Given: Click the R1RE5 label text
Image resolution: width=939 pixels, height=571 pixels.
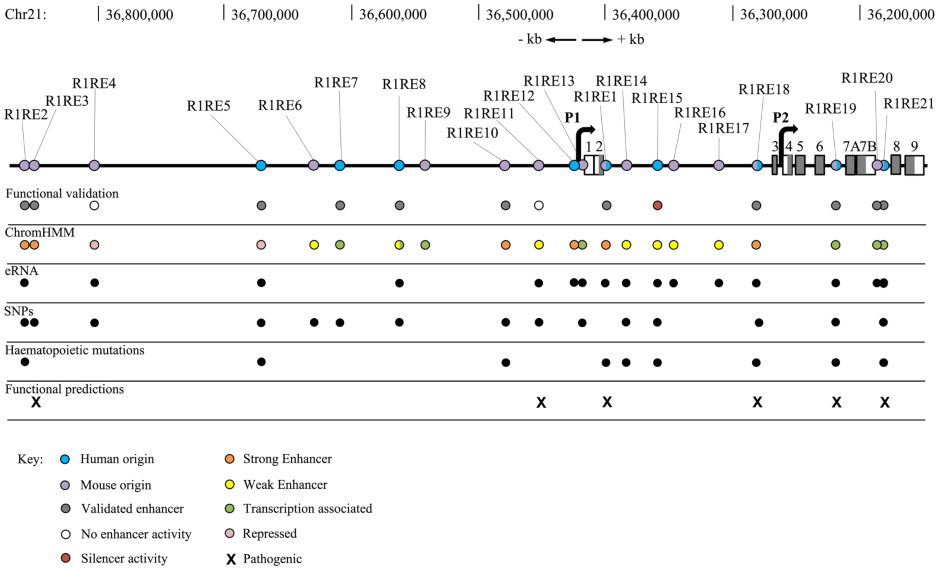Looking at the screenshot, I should pyautogui.click(x=209, y=106).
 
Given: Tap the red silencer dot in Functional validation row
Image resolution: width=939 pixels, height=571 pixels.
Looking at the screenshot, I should pyautogui.click(x=657, y=206).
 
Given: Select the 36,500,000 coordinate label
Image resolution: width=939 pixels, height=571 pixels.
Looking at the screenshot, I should pyautogui.click(x=519, y=15).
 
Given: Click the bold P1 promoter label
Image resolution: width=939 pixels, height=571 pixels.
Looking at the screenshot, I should pyautogui.click(x=571, y=118).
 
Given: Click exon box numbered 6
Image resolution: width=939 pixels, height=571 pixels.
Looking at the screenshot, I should pyautogui.click(x=819, y=165).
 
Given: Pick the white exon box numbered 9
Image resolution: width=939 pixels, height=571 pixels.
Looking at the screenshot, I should pyautogui.click(x=915, y=165).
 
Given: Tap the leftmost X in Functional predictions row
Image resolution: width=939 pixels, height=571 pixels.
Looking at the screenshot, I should pyautogui.click(x=36, y=402).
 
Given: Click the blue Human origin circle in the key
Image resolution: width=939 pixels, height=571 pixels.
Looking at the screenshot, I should pyautogui.click(x=65, y=459).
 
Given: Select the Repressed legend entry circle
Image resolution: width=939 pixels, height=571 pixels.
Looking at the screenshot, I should pyautogui.click(x=229, y=533).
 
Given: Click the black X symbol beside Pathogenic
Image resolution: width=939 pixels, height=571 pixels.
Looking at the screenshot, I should pyautogui.click(x=231, y=559).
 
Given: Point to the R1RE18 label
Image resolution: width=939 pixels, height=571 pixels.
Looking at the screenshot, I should pyautogui.click(x=764, y=90).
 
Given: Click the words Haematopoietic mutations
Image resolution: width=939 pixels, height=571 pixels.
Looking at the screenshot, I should pyautogui.click(x=75, y=350).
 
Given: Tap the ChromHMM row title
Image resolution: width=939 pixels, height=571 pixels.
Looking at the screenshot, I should pyautogui.click(x=40, y=232).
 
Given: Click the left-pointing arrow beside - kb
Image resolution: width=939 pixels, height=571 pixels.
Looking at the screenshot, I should pyautogui.click(x=561, y=40).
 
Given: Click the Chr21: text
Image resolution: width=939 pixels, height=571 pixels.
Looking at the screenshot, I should pyautogui.click(x=25, y=15).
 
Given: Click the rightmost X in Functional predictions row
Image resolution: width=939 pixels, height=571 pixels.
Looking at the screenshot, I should pyautogui.click(x=885, y=402).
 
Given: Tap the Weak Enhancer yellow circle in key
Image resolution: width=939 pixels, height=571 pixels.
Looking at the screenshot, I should pyautogui.click(x=229, y=485).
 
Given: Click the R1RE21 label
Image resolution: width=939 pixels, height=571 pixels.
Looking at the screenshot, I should pyautogui.click(x=909, y=103).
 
